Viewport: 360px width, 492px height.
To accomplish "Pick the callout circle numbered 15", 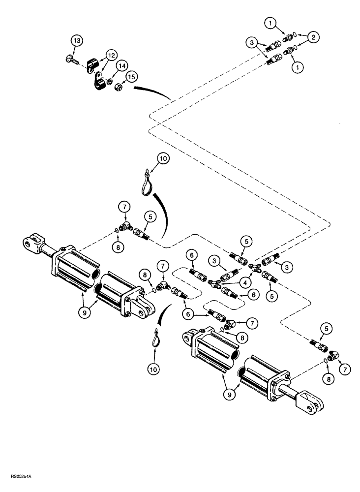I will click(x=130, y=77).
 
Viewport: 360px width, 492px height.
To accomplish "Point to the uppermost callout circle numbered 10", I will click(x=163, y=159).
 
